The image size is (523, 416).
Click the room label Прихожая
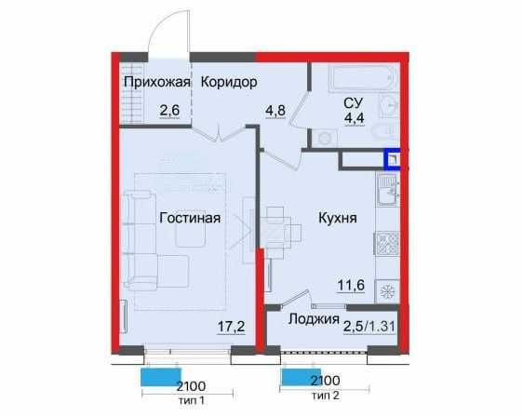point(156,83)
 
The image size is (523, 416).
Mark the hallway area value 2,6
point(169,111)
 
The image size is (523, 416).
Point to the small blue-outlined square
point(394,159)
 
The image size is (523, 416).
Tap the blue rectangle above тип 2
point(300,377)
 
